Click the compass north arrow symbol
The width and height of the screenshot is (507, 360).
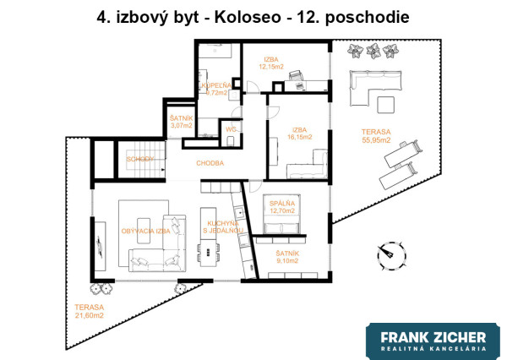coord(390,251)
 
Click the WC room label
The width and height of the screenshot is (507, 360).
coord(229,128)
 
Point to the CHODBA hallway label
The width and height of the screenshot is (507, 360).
coord(210,162)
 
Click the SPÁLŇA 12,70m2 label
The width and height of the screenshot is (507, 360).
coord(281,207)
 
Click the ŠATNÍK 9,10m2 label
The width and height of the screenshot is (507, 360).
coord(289,256)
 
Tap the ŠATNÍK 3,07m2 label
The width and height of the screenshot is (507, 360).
coord(181,122)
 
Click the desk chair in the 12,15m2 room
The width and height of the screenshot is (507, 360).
coord(297,76)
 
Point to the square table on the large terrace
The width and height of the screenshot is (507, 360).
coord(385,104)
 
